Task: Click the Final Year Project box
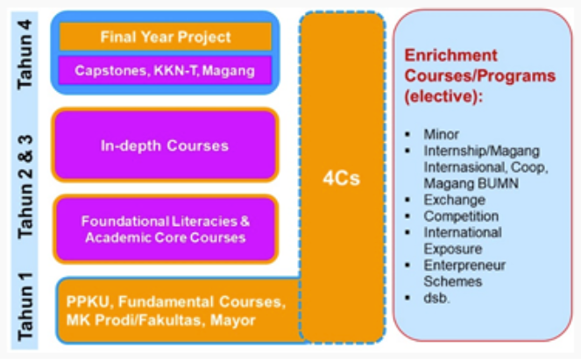pyautogui.click(x=166, y=37)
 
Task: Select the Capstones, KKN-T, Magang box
pyautogui.click(x=166, y=68)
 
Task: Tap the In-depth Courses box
pyautogui.click(x=166, y=145)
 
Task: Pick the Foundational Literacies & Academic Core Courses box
pyautogui.click(x=166, y=229)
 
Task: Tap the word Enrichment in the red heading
pyautogui.click(x=443, y=55)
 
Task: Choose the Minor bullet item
pyautogui.click(x=441, y=136)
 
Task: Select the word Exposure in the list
pyautogui.click(x=451, y=249)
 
